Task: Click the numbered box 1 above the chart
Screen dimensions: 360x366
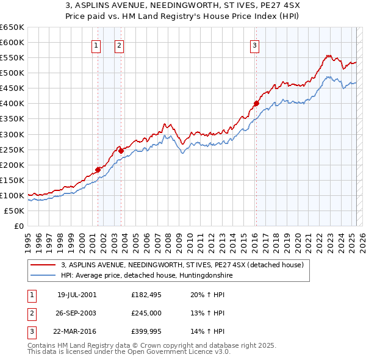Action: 96,45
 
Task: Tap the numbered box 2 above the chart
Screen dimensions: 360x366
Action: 119,45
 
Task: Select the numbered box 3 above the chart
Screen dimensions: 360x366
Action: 254,45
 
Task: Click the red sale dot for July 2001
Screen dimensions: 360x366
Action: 98,170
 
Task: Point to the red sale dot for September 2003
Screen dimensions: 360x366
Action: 121,151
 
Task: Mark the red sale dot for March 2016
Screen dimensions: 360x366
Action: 256,103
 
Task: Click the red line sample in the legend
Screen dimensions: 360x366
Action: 43,265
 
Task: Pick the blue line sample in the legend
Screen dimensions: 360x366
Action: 43,275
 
